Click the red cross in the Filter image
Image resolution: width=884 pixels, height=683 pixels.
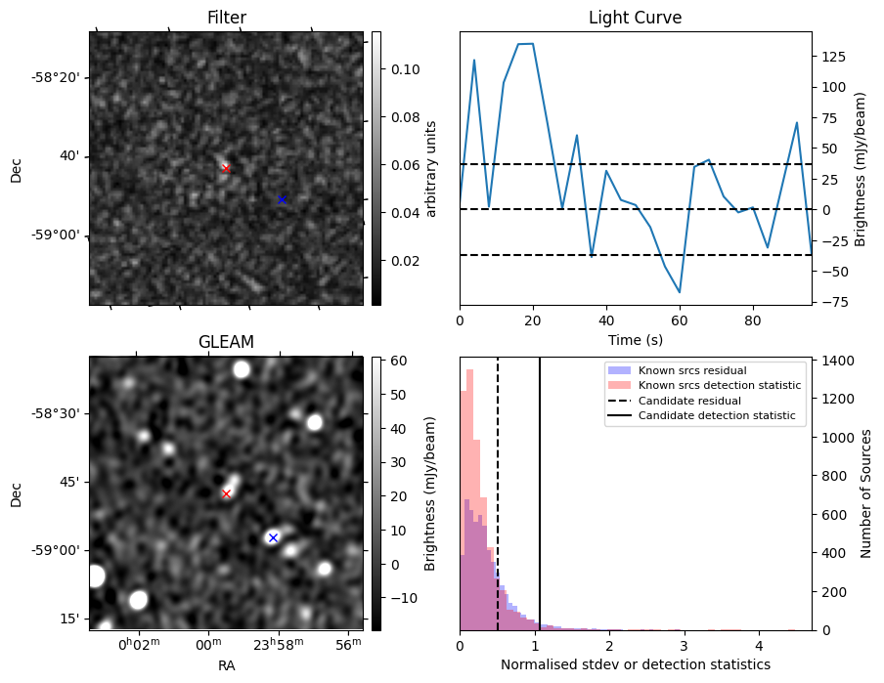226,168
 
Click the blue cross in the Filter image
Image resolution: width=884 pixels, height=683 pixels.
282,199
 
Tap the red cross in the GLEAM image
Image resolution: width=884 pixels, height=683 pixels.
226,493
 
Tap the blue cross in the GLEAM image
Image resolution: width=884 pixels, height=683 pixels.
273,537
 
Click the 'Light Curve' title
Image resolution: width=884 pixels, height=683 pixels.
635,18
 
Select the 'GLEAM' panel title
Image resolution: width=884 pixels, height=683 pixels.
226,342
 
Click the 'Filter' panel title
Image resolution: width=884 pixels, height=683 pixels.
226,18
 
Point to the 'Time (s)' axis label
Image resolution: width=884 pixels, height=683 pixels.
635,340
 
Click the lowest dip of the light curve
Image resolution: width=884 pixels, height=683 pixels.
680,292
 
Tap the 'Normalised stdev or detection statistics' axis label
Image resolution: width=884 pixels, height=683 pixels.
635,664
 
